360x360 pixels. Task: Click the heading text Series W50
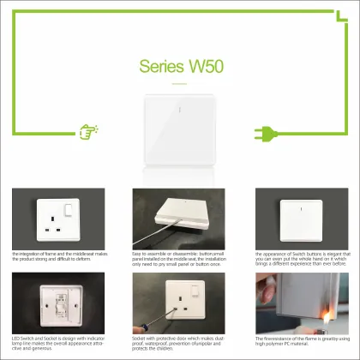point(179,67)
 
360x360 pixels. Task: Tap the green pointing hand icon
point(86,132)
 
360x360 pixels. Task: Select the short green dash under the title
point(179,84)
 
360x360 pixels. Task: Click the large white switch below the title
point(180,129)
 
